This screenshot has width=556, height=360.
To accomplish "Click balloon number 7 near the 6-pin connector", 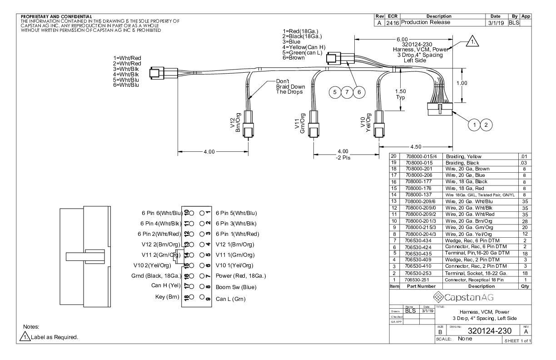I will point(347,92).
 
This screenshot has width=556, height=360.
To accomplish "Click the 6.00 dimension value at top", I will point(402,40).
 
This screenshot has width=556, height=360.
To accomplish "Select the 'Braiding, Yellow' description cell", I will point(476,157).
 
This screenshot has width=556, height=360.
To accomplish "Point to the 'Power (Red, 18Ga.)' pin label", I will point(240,276).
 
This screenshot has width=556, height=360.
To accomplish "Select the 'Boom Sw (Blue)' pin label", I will point(236,287).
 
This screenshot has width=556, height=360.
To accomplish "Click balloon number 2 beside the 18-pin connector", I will point(486,124).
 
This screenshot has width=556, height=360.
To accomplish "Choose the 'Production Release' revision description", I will point(425,22).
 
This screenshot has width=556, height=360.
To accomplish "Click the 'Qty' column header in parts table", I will point(525,287).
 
